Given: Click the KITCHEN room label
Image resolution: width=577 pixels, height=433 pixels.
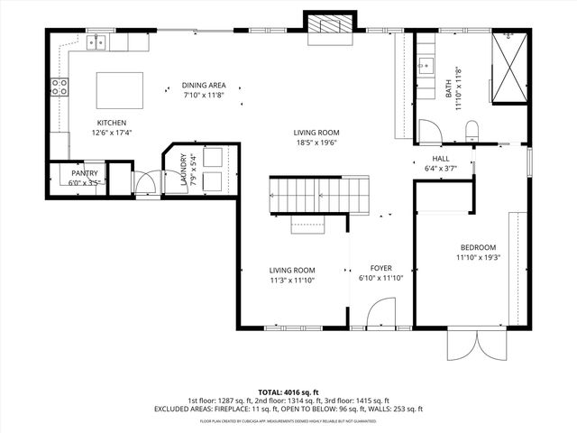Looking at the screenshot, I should tap(112, 123).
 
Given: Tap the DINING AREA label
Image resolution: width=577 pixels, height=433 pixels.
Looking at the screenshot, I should tap(204, 86).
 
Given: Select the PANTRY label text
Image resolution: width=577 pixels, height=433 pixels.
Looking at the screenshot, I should tap(85, 173).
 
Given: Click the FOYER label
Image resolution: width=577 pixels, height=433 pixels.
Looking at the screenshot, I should tap(380, 268).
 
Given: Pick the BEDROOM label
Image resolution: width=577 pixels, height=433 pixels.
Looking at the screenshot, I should tap(478, 247).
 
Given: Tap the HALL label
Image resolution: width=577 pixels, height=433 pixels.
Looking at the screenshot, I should tap(441, 158).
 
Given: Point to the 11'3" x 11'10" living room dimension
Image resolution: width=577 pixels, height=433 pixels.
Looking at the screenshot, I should tap(292, 280).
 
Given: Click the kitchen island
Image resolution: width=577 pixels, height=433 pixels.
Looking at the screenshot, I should tap(120, 90).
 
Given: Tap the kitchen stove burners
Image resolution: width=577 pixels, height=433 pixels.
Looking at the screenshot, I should tap(59, 88).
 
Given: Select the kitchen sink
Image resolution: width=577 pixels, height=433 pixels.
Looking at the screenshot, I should tap(97, 42).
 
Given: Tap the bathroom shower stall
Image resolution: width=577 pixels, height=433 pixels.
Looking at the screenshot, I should tap(509, 69).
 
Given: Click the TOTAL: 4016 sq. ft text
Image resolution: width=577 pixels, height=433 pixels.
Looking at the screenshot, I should tap(288, 392).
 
